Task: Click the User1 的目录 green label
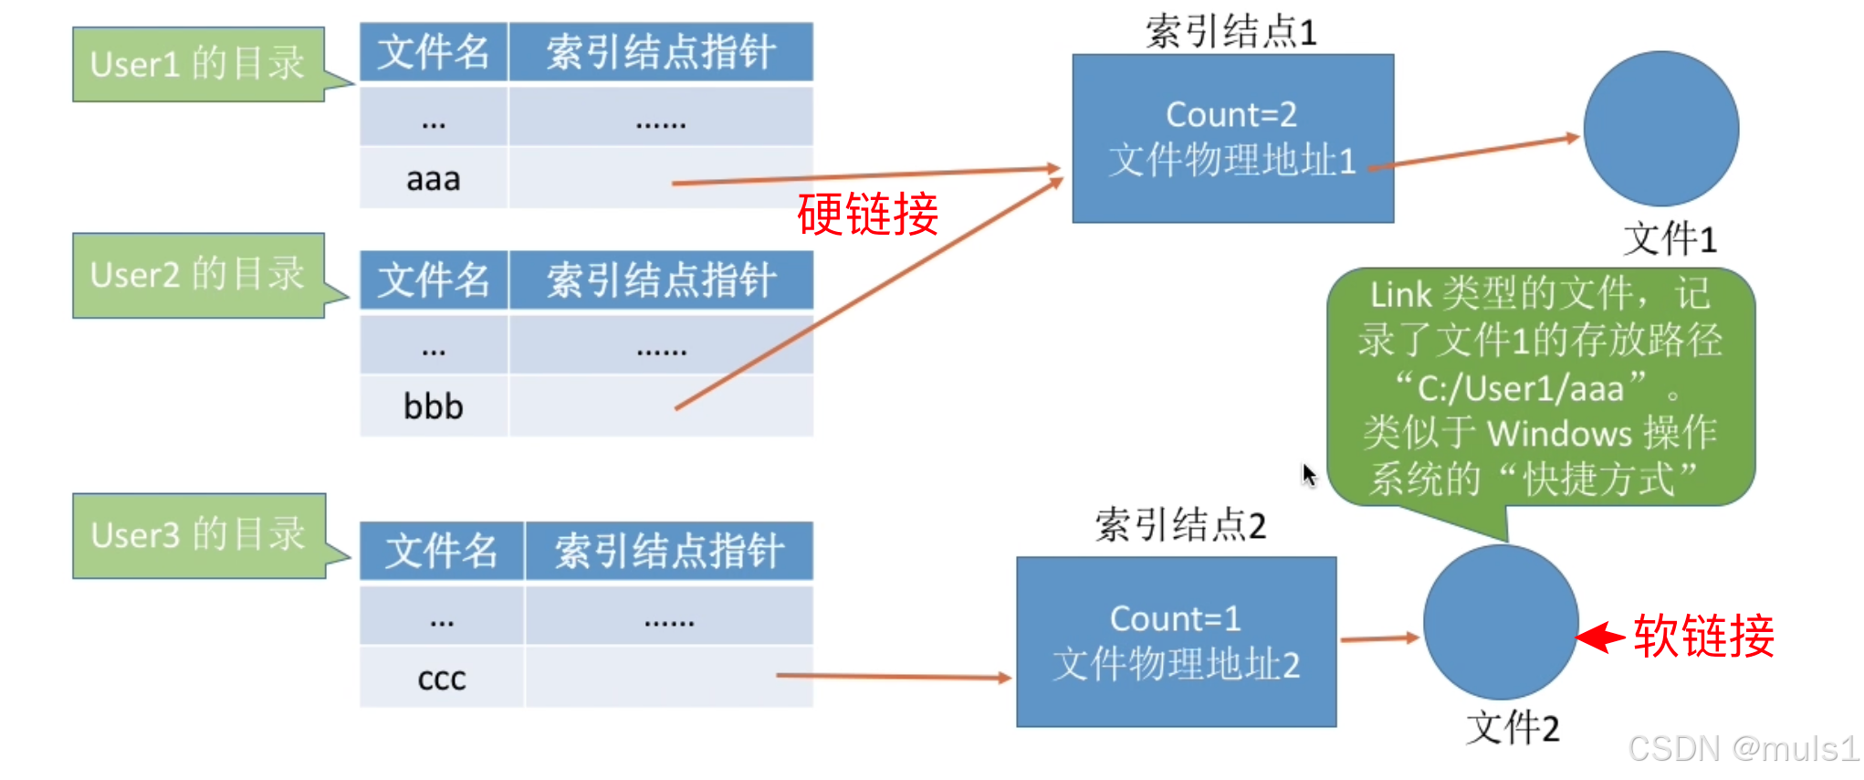click(199, 64)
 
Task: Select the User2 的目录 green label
click(199, 275)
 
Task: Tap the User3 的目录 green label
click(199, 535)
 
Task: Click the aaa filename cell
click(434, 178)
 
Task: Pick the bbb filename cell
click(434, 406)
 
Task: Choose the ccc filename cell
click(442, 678)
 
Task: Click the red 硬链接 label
click(867, 215)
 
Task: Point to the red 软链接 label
click(1703, 636)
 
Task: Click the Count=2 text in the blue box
click(1231, 115)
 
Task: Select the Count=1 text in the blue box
click(1176, 619)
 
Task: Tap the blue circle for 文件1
click(1661, 129)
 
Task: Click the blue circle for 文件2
click(1502, 623)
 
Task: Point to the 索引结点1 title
click(1231, 32)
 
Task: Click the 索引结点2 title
click(1180, 525)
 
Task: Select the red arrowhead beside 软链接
click(1600, 637)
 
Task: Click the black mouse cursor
click(1310, 475)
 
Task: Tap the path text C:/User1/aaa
click(1521, 389)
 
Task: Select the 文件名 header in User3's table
click(442, 551)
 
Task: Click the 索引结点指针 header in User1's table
click(661, 52)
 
